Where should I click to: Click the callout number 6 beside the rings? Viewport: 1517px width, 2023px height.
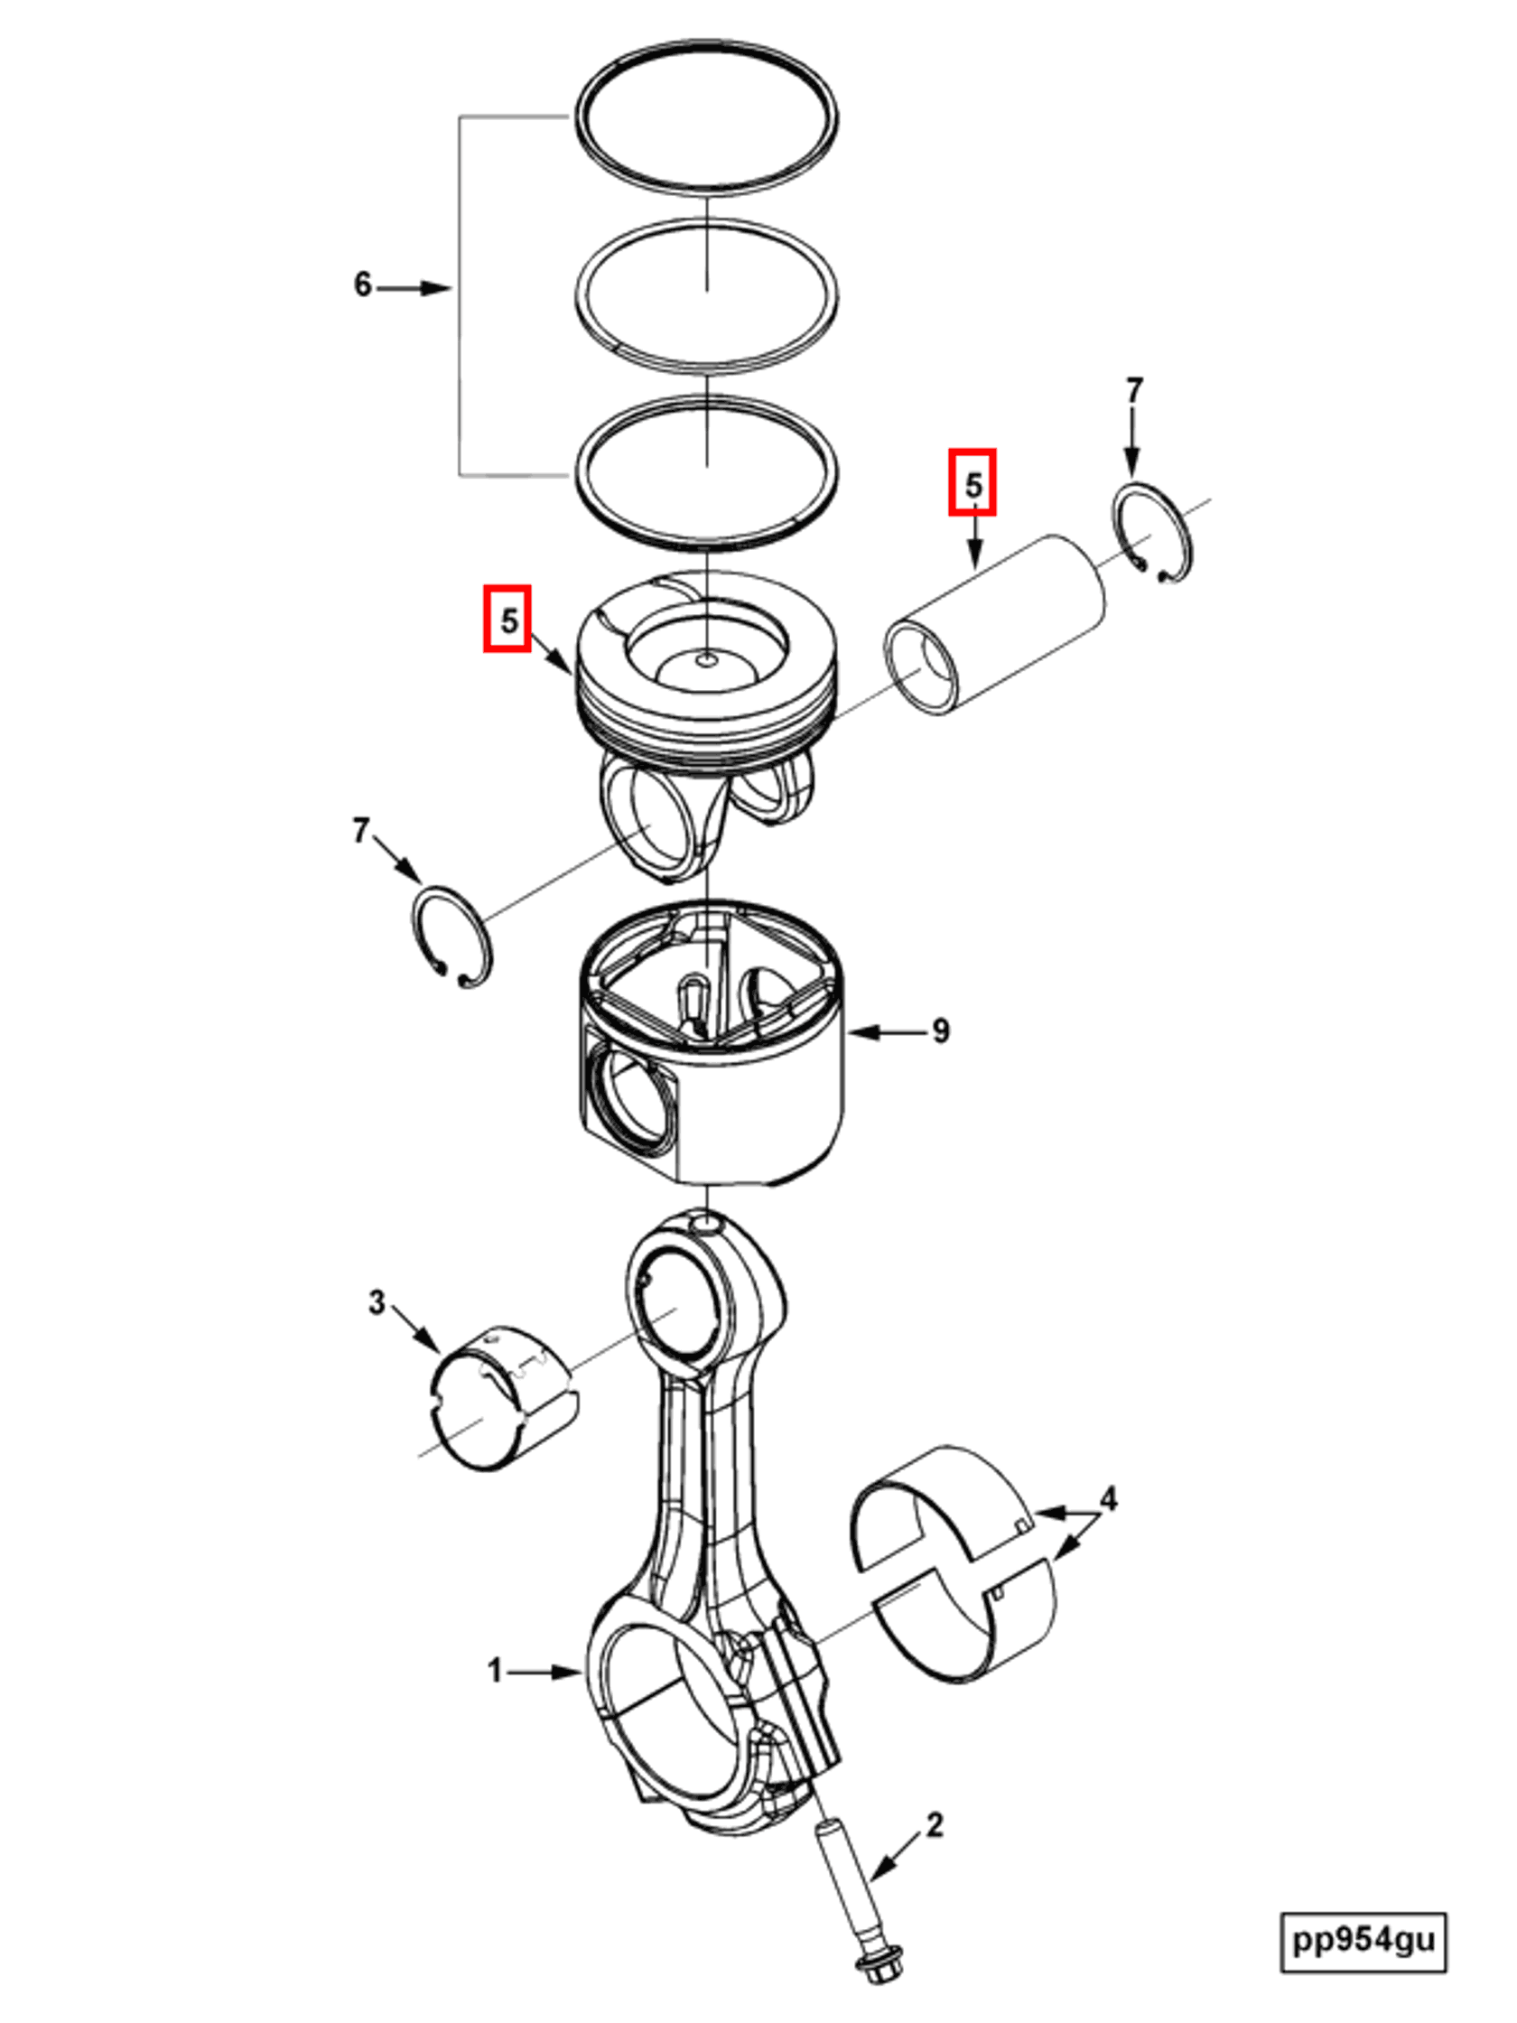363,284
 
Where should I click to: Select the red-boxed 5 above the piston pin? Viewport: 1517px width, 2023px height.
972,483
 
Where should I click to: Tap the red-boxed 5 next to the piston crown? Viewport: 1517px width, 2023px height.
507,621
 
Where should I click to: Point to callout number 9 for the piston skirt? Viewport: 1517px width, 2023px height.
940,1031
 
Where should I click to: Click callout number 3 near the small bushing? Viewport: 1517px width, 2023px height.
376,1301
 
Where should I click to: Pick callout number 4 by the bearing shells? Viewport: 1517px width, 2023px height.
1108,1499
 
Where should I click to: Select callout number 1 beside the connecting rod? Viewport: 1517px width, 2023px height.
495,1671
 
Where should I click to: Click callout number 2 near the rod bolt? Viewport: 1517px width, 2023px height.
934,1824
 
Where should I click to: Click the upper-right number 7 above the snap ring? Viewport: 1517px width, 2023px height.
1134,391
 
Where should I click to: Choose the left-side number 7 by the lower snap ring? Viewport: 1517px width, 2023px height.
361,830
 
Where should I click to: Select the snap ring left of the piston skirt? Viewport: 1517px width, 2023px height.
451,938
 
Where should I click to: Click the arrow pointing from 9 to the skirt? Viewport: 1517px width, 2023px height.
882,1032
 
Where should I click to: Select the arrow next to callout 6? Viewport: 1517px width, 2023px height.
414,288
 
